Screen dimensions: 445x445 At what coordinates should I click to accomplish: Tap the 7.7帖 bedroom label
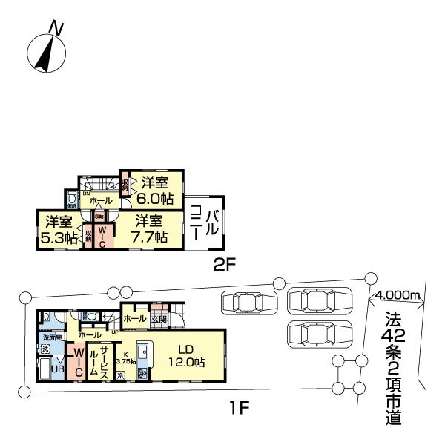[151, 229]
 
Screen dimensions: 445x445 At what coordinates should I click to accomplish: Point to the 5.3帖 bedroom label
[60, 229]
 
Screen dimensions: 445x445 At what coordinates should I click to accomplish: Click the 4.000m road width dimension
[398, 295]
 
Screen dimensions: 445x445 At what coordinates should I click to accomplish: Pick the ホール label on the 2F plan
[101, 201]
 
